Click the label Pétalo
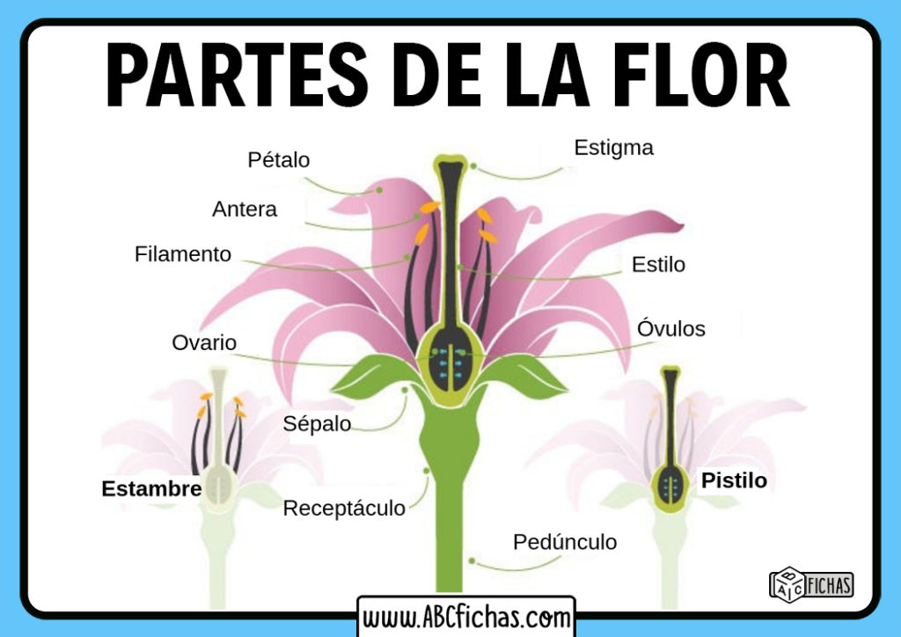(278, 160)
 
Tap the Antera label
(245, 209)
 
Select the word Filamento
(183, 254)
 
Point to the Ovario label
(204, 342)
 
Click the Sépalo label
(317, 423)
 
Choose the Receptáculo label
(344, 508)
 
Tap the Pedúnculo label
(565, 542)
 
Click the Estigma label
(613, 148)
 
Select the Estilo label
(658, 264)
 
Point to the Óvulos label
(671, 329)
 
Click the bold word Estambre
(151, 489)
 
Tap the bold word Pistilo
(734, 480)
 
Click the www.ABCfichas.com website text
(466, 616)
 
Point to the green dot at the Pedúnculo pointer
(472, 559)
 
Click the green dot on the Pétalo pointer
(379, 188)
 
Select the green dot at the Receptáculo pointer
(427, 471)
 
